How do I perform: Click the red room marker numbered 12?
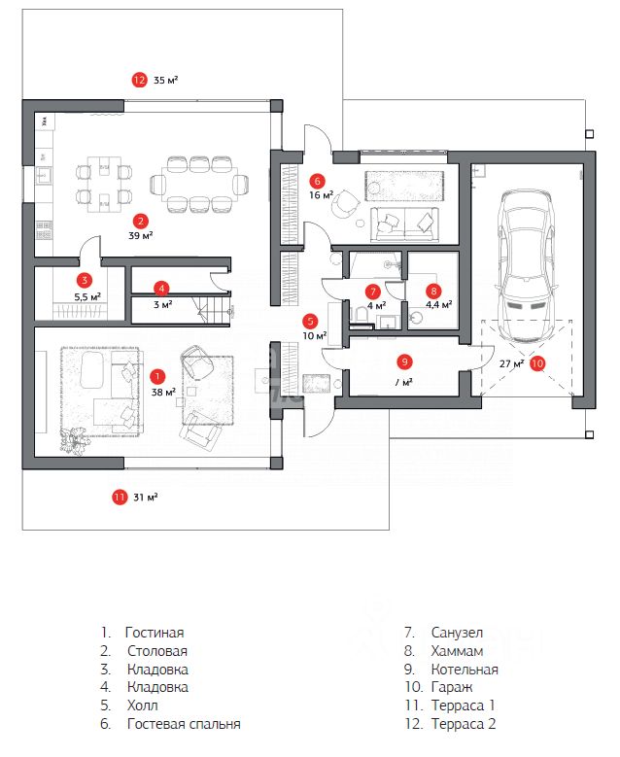[139, 80]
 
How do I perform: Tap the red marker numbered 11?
[120, 497]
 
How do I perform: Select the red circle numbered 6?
[317, 180]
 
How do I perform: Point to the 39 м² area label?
[141, 235]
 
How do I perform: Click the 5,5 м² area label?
[87, 296]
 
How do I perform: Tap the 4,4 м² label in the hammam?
[434, 304]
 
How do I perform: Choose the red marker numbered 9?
[404, 361]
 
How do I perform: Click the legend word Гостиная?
[155, 632]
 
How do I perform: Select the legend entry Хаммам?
[457, 651]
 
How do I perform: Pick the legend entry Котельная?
[465, 670]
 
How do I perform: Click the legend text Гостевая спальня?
[184, 724]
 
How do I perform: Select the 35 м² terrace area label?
[165, 80]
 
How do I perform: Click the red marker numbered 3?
[86, 279]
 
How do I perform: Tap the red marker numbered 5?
[310, 320]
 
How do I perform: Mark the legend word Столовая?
[157, 651]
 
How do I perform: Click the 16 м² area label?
[321, 195]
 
